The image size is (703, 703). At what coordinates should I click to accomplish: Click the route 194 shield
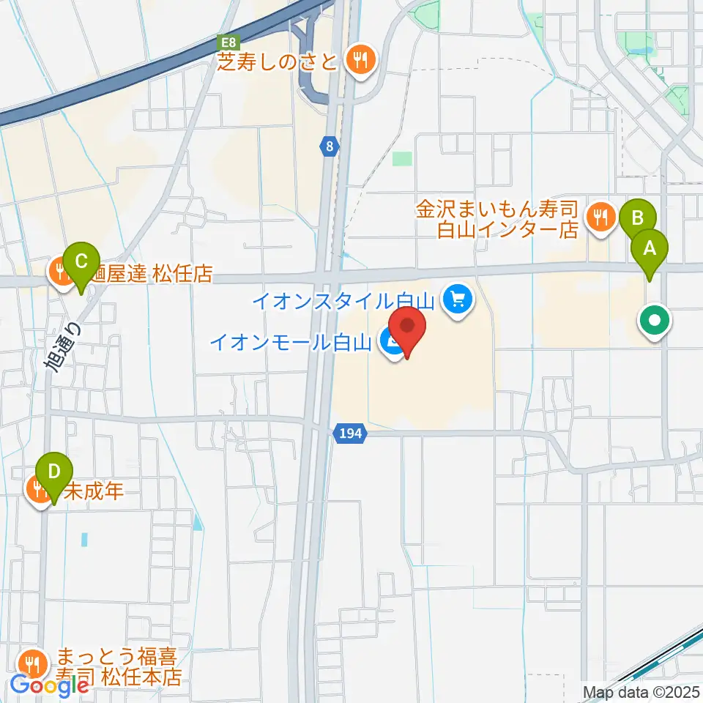tap(351, 434)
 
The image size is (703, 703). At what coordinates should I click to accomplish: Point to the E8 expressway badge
tap(229, 43)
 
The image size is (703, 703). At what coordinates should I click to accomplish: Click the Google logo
tap(50, 685)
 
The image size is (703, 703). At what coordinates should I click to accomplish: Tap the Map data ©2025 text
tap(642, 691)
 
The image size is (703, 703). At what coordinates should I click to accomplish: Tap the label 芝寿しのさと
tap(277, 60)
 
